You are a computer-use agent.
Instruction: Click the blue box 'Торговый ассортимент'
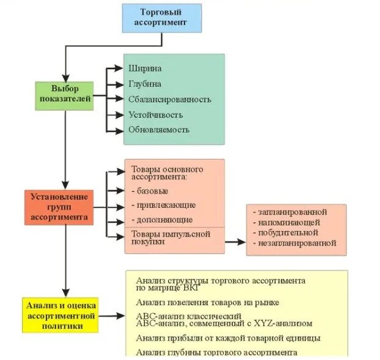[161, 18]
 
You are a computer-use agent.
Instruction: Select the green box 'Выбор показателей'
[65, 94]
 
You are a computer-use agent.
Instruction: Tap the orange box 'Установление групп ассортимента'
[59, 207]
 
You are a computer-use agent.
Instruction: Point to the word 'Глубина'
[145, 84]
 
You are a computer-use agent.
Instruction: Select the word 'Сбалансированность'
[169, 99]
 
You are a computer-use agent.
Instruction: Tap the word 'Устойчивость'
[155, 114]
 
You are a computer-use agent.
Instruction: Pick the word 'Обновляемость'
[158, 130]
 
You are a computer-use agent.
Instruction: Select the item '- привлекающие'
[163, 205]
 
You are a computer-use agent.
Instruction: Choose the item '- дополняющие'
[162, 219]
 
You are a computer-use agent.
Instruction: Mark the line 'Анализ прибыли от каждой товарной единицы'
[228, 338]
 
